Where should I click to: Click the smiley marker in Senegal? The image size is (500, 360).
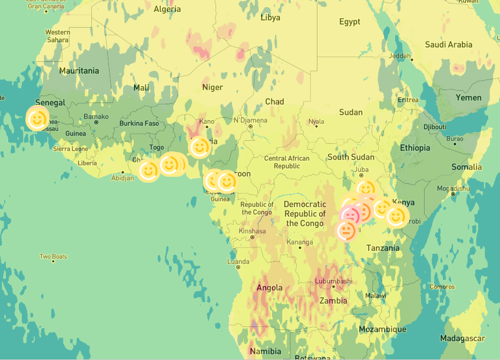[x=37, y=120]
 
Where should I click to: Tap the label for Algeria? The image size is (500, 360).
[x=167, y=9]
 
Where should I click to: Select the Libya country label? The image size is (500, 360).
[x=270, y=18]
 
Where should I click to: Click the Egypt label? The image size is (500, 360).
[x=349, y=22]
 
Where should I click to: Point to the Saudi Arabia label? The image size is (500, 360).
[x=448, y=45]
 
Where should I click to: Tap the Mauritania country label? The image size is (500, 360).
[x=79, y=71]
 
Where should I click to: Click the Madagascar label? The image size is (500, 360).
[x=462, y=338]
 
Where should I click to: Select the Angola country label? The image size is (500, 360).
[x=269, y=288]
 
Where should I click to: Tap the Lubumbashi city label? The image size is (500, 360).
[x=333, y=281]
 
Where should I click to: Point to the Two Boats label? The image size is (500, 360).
[x=53, y=257]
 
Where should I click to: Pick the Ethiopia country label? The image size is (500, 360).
[x=415, y=148]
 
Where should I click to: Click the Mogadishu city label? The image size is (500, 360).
[x=452, y=189]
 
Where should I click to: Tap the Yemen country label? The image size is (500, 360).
[x=468, y=98]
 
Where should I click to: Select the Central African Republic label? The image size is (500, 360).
[x=287, y=162]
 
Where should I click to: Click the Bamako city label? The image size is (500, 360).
[x=96, y=117]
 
